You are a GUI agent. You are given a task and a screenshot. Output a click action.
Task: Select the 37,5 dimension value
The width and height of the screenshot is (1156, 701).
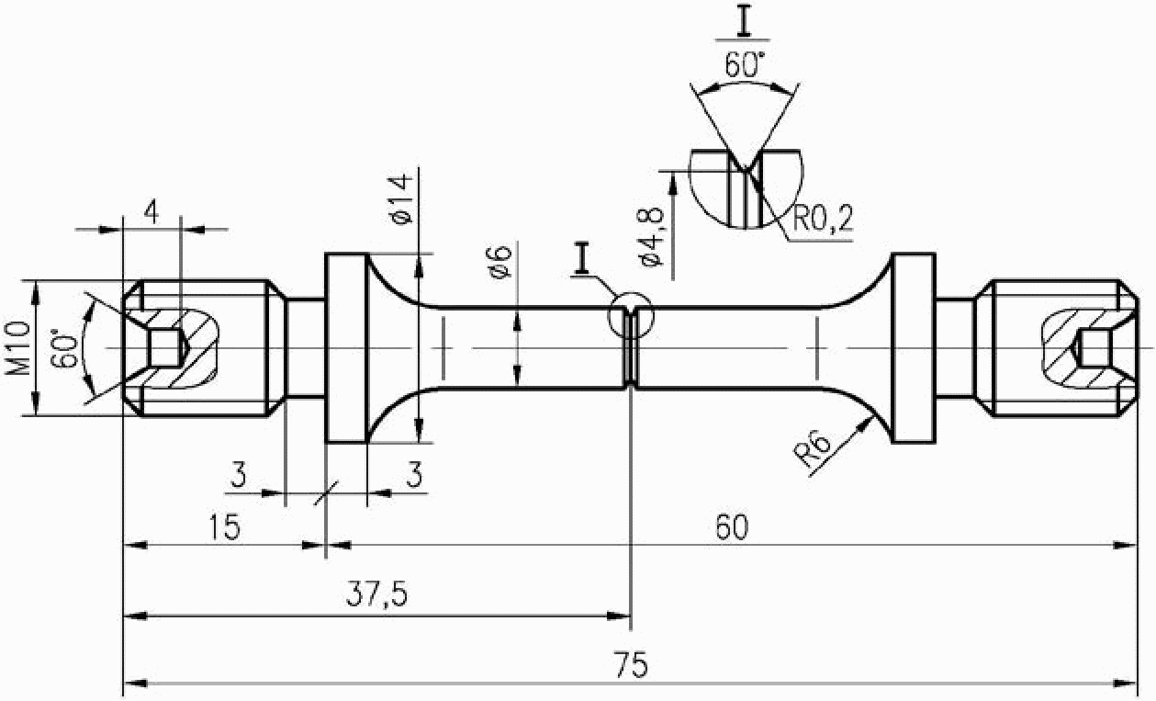376,595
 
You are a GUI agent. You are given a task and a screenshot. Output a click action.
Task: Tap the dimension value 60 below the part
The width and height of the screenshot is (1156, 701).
731,527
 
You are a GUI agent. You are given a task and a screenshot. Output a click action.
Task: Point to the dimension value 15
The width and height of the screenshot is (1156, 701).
225,527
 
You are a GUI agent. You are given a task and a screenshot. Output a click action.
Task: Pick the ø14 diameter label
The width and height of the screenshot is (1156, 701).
402,199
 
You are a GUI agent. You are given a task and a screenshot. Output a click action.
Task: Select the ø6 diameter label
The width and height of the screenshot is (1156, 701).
500,260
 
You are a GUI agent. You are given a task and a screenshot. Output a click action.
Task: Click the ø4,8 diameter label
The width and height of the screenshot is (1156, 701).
650,236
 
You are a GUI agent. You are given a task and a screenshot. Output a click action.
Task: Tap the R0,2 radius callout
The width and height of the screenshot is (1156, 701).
823,219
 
